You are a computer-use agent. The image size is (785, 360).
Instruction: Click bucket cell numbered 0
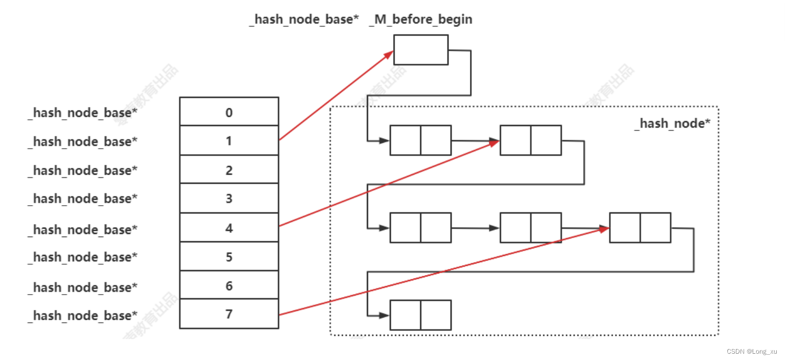(229, 112)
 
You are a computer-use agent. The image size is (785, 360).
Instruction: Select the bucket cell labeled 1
(229, 140)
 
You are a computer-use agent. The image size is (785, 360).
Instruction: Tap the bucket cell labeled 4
(229, 228)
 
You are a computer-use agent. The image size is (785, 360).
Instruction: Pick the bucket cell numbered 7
(229, 314)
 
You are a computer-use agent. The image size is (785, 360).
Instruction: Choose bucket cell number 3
(229, 198)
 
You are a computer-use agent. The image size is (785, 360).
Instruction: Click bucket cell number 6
(229, 285)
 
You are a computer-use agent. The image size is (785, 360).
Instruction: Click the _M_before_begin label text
(421, 19)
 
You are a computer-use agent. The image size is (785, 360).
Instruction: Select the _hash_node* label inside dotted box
(672, 123)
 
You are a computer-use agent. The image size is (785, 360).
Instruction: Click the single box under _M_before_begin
(421, 50)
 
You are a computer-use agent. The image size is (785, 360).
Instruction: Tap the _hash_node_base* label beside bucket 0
(82, 113)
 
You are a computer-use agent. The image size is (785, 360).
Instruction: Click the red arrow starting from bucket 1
(335, 96)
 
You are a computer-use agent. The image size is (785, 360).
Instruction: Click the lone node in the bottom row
(420, 314)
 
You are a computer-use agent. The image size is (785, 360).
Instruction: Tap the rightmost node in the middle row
(640, 228)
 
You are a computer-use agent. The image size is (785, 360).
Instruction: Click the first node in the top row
(420, 140)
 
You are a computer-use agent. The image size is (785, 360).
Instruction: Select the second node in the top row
(530, 140)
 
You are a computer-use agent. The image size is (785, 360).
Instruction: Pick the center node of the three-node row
(530, 228)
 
